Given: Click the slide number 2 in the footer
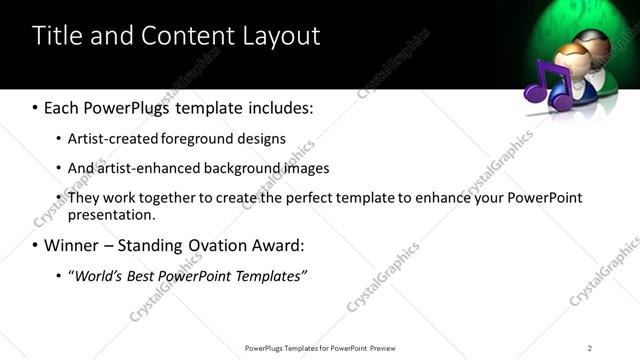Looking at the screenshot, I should (x=589, y=347).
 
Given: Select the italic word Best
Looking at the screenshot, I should (x=139, y=275).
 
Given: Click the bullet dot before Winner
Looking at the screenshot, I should (x=36, y=245).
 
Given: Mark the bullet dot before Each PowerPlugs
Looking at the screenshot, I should (x=36, y=107).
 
